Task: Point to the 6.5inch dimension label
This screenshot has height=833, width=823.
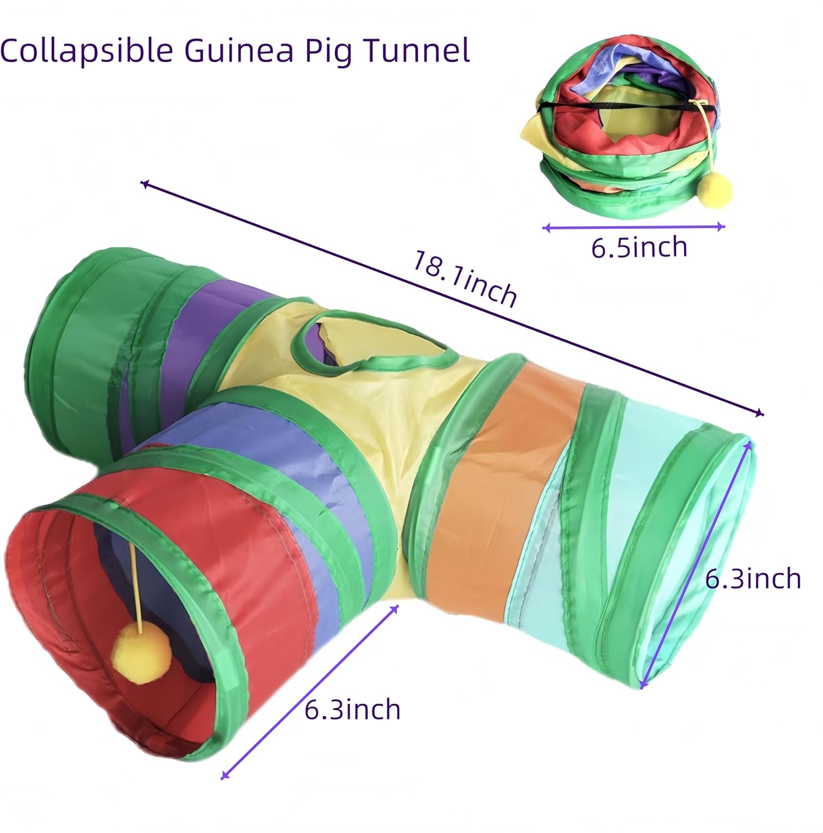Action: tap(639, 247)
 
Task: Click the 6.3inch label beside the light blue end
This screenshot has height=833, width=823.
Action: tap(752, 579)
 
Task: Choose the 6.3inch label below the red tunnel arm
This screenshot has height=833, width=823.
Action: tap(353, 710)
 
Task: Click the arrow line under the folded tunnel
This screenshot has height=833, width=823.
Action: tap(633, 227)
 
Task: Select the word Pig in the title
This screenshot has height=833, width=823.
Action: tap(330, 51)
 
